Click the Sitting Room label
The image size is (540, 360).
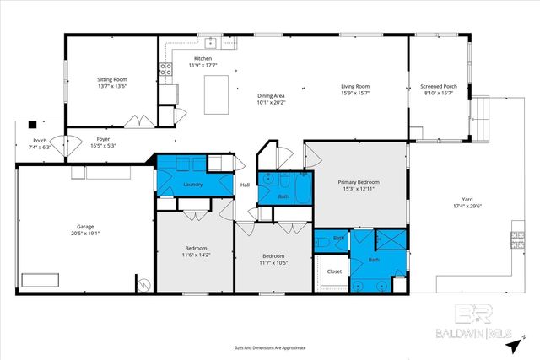[x=111, y=79]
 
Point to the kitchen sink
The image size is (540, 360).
[x=208, y=41]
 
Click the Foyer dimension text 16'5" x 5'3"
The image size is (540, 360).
[x=103, y=145]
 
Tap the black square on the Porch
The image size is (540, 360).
[x=32, y=122]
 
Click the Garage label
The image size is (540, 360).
[x=84, y=227]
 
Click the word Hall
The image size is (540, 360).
[x=245, y=185]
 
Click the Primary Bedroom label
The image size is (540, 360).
[x=359, y=182]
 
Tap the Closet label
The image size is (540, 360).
[x=334, y=271]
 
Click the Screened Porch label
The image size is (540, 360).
[x=439, y=86]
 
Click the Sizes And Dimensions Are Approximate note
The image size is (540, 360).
[x=270, y=347]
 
